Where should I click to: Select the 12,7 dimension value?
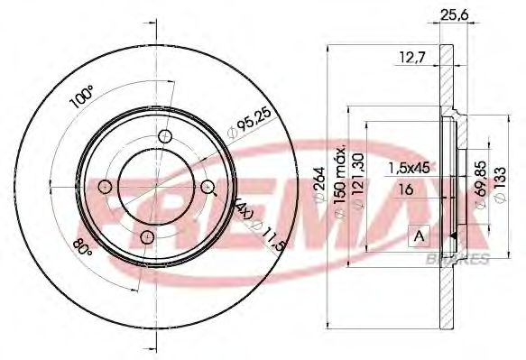tap(411, 60)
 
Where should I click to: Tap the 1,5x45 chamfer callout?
tap(409, 169)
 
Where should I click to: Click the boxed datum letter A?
tap(420, 237)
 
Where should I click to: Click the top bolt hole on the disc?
tap(164, 137)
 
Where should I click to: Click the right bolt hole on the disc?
tap(208, 187)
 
